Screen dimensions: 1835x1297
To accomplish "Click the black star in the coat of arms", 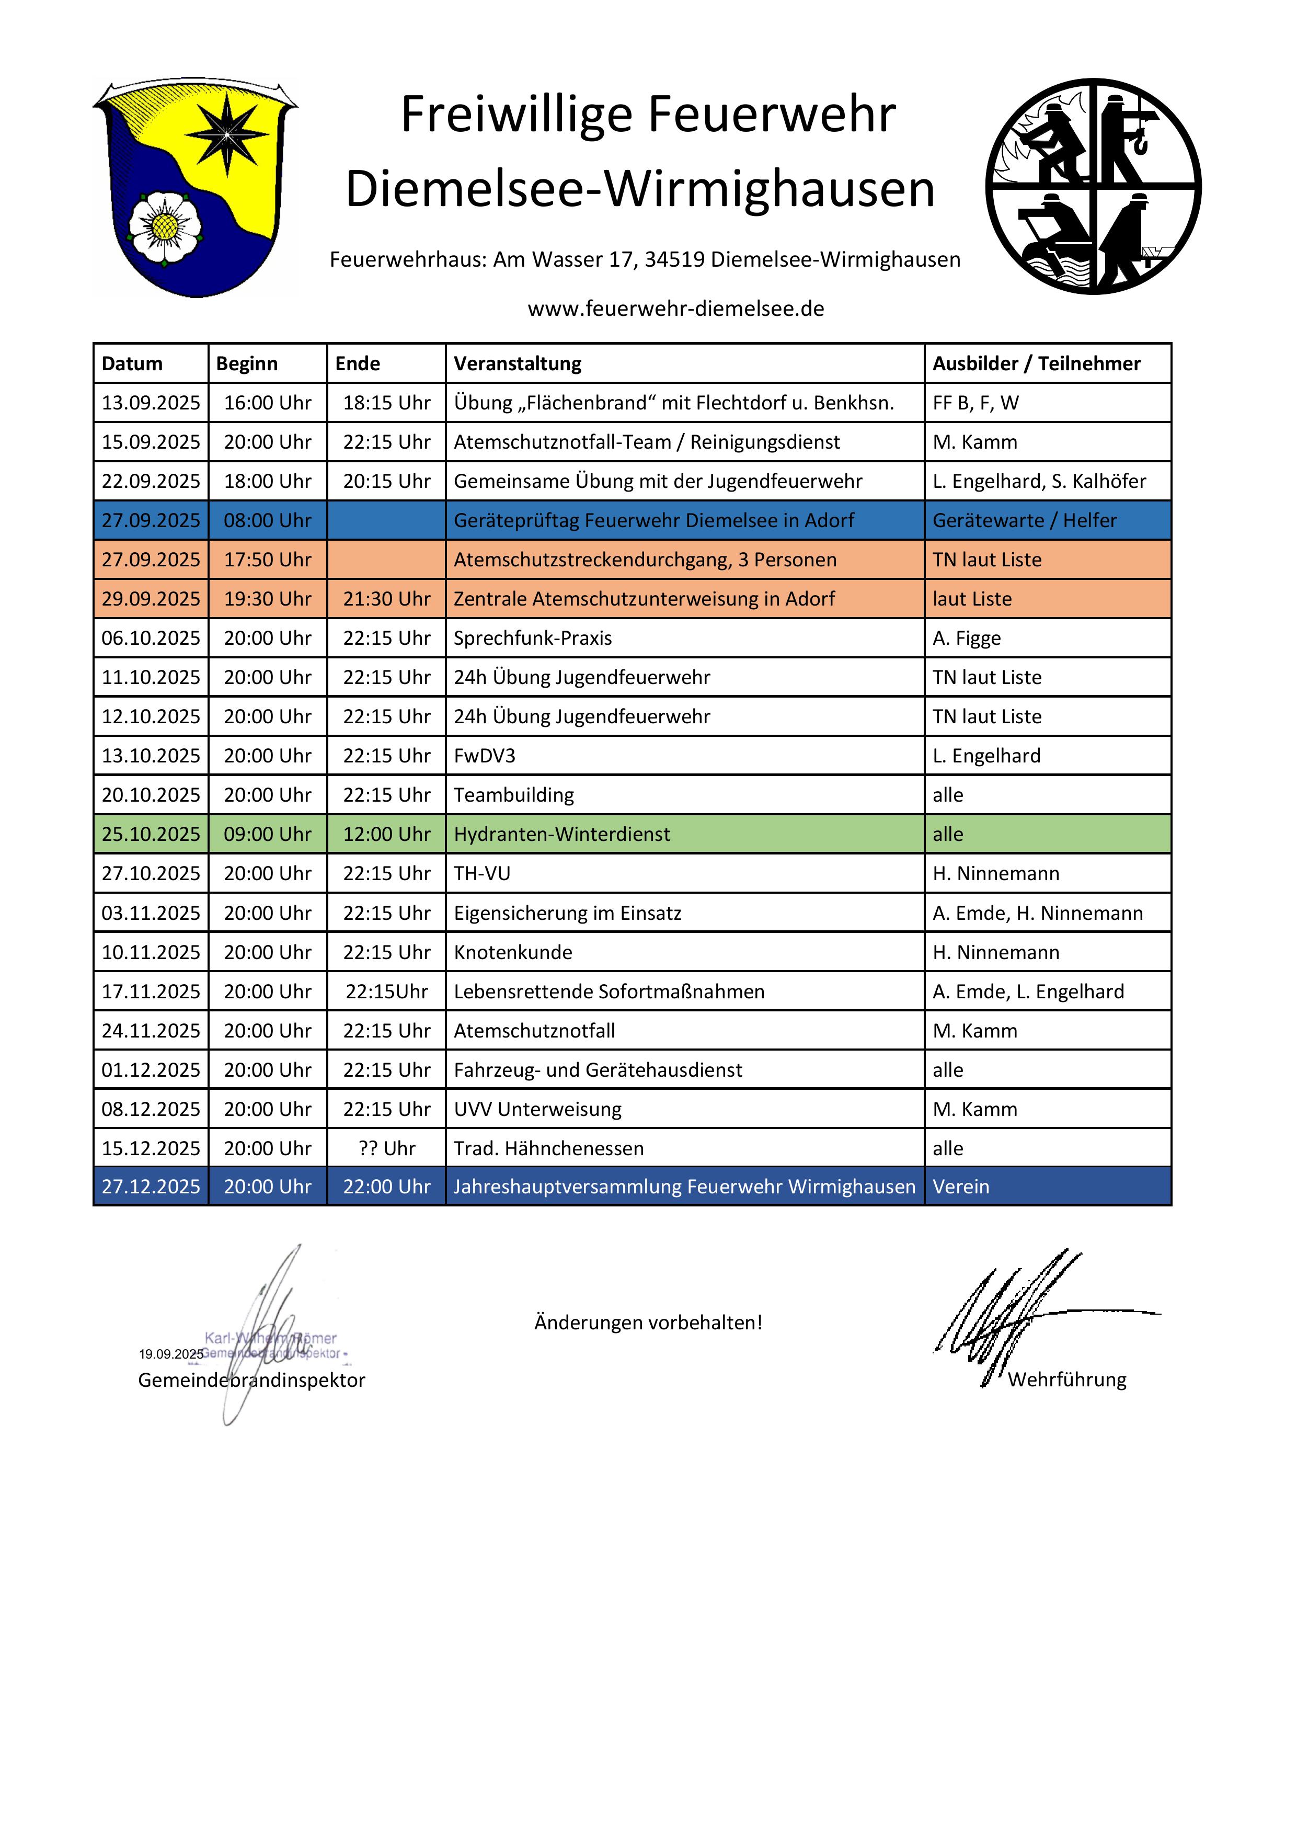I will point(228,133).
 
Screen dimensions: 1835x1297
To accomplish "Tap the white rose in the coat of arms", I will point(165,226).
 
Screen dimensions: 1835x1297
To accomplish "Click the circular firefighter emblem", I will point(1093,186).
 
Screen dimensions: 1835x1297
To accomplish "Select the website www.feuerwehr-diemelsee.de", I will point(675,309).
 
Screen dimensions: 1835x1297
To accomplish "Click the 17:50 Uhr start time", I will point(267,560).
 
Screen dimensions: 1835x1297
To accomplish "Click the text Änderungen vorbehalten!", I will point(648,1323).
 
